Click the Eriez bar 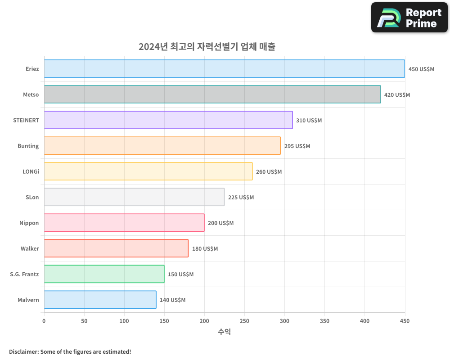[x=224, y=69]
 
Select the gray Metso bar [x=212, y=94]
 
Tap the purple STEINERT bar [x=168, y=120]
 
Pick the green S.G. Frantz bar [x=104, y=274]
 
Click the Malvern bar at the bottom [x=100, y=300]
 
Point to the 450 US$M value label [x=421, y=69]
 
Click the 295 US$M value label [x=297, y=146]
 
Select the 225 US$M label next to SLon [x=241, y=198]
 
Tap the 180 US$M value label [x=205, y=249]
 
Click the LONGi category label [x=31, y=171]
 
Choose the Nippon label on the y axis [x=29, y=223]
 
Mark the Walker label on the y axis [x=30, y=248]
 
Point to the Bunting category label [x=28, y=146]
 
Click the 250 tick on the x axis [x=244, y=321]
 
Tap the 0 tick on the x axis [x=44, y=321]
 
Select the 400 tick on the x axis [x=364, y=321]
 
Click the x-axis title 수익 [x=224, y=332]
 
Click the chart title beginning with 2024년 [x=207, y=47]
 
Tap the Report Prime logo [x=409, y=18]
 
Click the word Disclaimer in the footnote [x=23, y=352]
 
